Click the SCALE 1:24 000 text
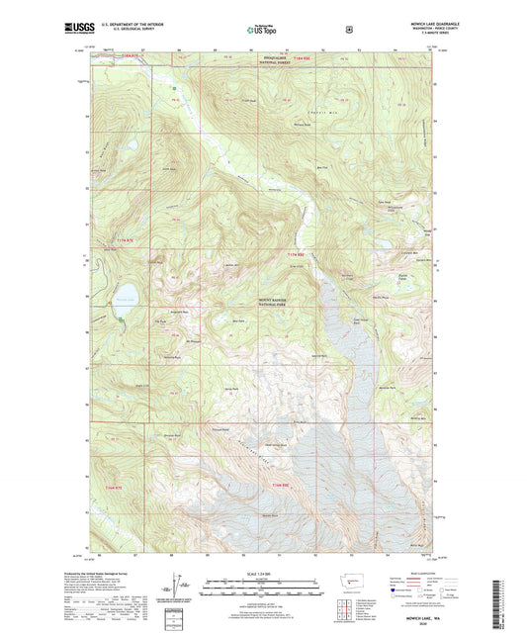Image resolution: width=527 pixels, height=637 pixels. tap(261, 567)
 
